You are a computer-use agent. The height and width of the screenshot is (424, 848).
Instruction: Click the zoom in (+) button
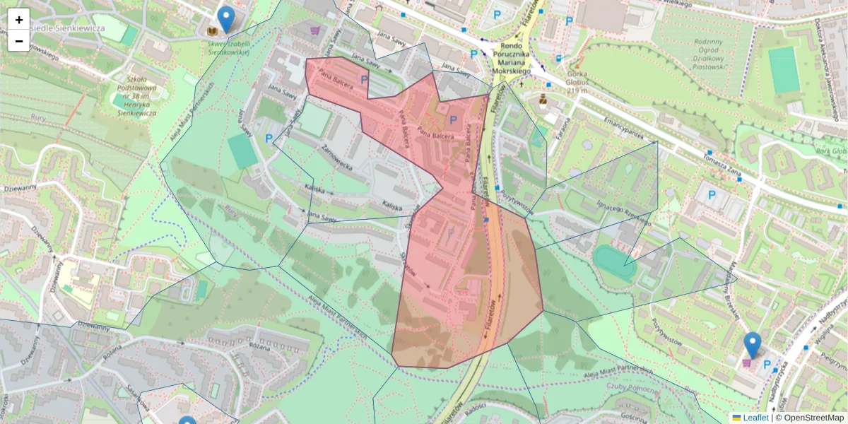pyautogui.click(x=19, y=19)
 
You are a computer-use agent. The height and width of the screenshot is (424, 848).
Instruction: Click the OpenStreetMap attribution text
pyautogui.click(x=809, y=418)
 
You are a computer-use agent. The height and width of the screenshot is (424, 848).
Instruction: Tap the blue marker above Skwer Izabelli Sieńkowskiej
pyautogui.click(x=225, y=20)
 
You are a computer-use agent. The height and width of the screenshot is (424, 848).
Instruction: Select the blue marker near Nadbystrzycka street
pyautogui.click(x=753, y=346)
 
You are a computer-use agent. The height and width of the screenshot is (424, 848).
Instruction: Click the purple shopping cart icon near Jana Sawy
pyautogui.click(x=314, y=31)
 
